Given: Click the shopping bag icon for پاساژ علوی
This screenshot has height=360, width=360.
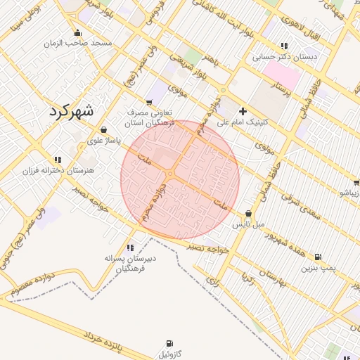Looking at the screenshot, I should click(104, 129).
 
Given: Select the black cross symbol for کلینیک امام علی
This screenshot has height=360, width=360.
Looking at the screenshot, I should click(243, 111).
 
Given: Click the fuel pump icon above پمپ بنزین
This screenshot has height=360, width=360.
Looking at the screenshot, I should click(319, 257).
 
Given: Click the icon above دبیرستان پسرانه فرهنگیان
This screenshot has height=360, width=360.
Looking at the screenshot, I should click(130, 247).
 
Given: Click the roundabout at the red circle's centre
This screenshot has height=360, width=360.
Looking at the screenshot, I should click(171, 173).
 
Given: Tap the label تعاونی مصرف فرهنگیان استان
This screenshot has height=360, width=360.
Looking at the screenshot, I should click(150, 117).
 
